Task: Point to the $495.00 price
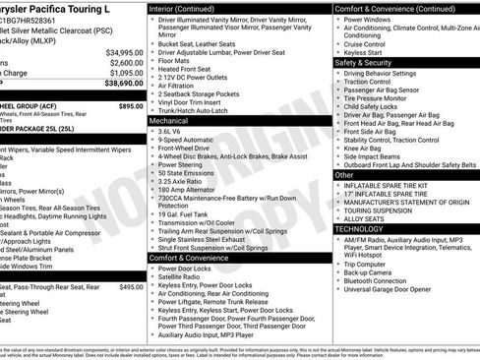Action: (131, 286)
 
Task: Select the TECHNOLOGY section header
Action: (360, 228)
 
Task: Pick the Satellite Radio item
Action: (183, 277)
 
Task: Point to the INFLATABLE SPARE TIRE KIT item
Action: (391, 185)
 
